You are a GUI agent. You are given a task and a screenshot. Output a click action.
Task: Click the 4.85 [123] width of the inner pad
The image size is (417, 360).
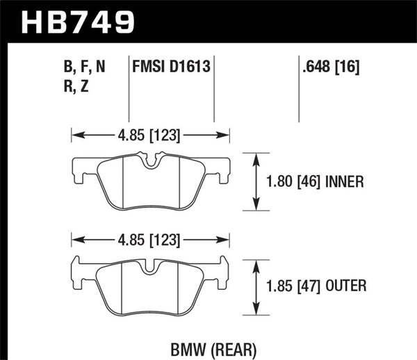pos(151,136)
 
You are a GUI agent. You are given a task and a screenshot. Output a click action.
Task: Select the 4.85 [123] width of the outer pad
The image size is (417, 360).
pos(151,240)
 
